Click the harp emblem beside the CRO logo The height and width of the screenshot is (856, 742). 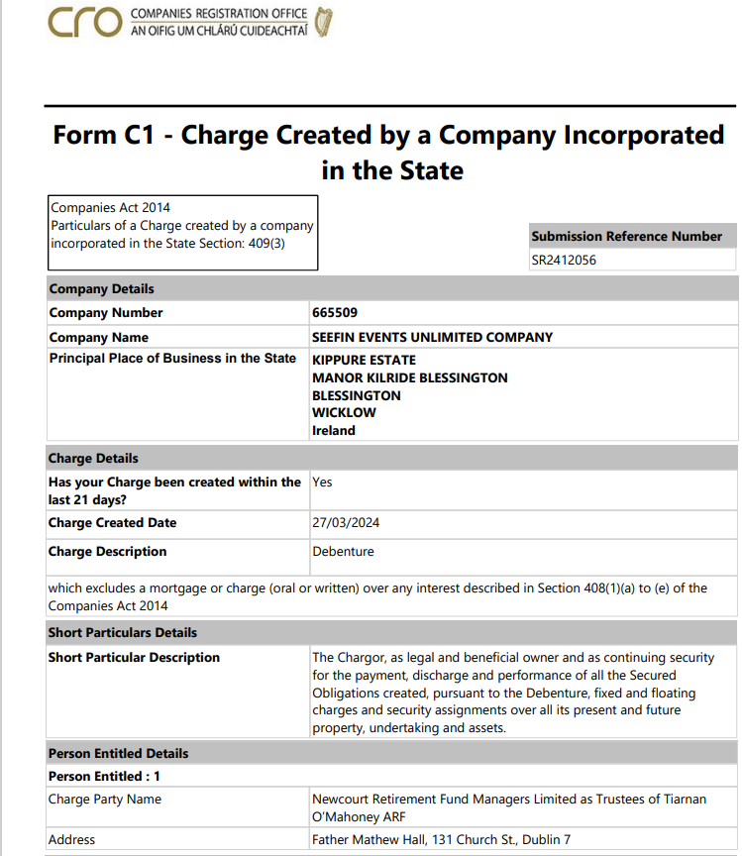(323, 22)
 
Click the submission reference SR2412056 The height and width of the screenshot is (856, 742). (564, 261)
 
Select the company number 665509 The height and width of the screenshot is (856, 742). (334, 313)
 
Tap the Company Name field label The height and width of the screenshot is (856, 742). (92, 337)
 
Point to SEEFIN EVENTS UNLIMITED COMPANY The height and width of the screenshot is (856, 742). (432, 337)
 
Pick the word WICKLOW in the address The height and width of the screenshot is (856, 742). (344, 413)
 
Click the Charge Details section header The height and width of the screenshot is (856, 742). (93, 459)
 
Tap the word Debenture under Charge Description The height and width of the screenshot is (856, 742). (343, 552)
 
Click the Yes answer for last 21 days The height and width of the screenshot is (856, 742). (322, 482)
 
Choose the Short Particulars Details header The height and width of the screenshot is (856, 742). (123, 632)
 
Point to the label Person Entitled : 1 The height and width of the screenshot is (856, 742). (104, 777)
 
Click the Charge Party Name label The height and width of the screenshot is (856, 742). (105, 800)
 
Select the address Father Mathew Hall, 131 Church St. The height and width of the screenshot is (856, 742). (441, 840)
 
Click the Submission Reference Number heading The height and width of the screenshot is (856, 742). (626, 237)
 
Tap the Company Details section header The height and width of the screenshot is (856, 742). (101, 289)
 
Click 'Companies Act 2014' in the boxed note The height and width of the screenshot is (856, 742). (110, 208)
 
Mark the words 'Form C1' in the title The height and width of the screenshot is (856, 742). (104, 135)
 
